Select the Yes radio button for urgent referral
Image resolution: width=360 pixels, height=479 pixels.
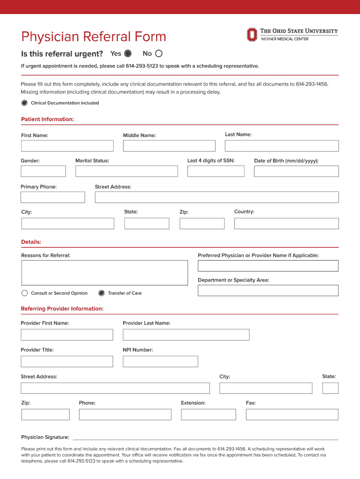click(x=128, y=53)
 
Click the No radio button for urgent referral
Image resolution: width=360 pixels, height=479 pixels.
click(x=159, y=53)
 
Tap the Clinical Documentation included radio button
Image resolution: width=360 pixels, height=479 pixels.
click(x=24, y=103)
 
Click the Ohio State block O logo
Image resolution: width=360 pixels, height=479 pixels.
click(x=252, y=35)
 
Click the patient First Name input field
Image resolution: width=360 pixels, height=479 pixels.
click(x=67, y=146)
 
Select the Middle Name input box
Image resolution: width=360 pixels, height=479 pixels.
click(x=169, y=146)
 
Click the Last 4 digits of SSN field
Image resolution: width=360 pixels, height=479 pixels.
click(x=216, y=171)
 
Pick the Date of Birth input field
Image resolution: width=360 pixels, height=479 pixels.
click(x=296, y=171)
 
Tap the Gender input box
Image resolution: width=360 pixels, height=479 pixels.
click(x=43, y=171)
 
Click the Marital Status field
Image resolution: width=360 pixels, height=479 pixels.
click(x=127, y=171)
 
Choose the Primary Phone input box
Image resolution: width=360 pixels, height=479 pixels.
click(x=53, y=197)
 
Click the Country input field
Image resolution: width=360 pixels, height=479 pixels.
click(x=286, y=224)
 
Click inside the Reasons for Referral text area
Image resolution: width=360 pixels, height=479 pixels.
click(x=104, y=273)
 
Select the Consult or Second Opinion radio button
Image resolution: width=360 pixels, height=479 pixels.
click(x=25, y=293)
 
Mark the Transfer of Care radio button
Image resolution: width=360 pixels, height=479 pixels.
click(x=101, y=293)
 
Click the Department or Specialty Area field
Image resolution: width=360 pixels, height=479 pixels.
click(x=268, y=290)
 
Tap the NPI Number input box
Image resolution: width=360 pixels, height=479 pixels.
click(x=160, y=362)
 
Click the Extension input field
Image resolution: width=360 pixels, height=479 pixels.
click(x=209, y=414)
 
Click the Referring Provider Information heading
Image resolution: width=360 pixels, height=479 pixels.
click(x=62, y=309)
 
